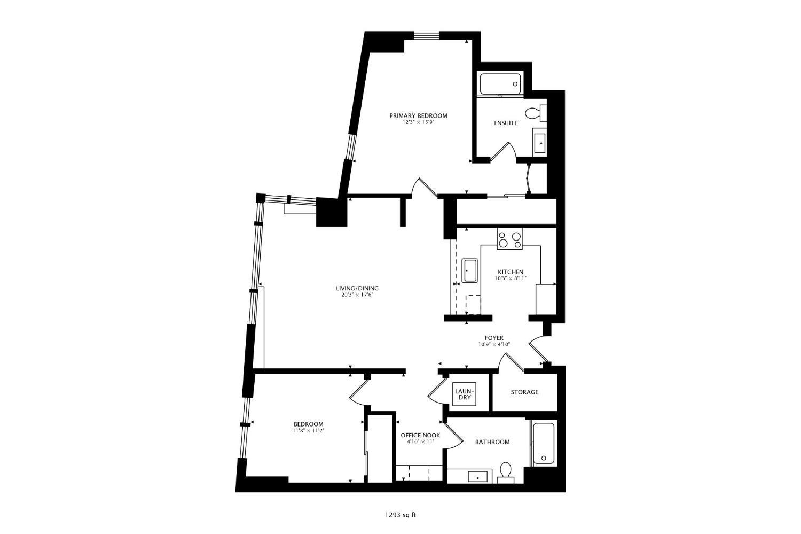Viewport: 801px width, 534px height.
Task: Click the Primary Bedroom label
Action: pos(418,115)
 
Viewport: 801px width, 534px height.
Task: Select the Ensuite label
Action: pos(505,123)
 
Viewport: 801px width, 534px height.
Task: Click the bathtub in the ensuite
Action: pos(500,84)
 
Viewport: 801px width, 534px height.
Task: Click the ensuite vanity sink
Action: pos(540,143)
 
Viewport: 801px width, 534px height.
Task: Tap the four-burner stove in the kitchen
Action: pos(510,239)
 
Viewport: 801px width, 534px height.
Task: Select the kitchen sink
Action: pos(470,270)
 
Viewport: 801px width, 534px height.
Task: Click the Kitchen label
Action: pos(511,272)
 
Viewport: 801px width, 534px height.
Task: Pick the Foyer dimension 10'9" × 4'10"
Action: pos(494,345)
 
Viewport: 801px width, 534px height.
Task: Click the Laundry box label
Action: pos(464,394)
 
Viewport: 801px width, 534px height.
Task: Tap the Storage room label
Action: pos(524,392)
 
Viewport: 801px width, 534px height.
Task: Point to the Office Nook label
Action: pos(420,435)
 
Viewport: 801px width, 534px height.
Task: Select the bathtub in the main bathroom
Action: pos(544,444)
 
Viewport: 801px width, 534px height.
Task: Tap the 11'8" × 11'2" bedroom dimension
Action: pos(308,430)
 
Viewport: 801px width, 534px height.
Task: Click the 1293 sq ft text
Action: pos(400,515)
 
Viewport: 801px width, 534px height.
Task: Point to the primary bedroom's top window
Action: pos(426,36)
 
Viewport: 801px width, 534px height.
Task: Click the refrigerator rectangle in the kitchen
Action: pos(546,299)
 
